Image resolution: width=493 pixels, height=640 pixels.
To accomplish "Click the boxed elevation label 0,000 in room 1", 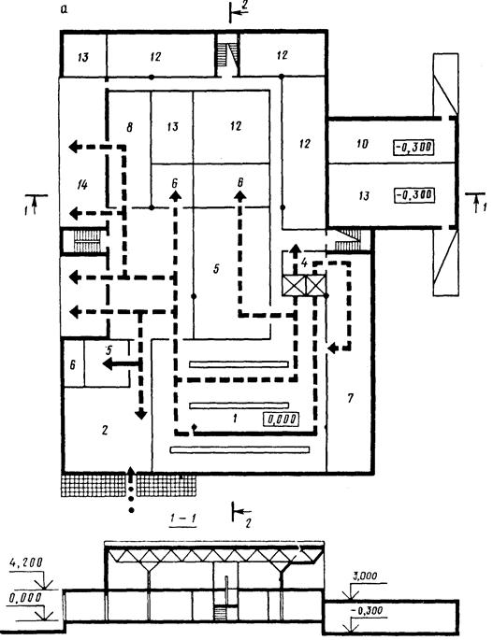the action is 281,420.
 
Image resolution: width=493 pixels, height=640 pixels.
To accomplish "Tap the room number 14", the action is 82,185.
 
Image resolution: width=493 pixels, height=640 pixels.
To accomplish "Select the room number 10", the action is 362,143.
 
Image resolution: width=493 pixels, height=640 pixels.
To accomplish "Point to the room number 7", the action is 350,398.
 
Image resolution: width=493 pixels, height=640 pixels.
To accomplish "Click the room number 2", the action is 105,430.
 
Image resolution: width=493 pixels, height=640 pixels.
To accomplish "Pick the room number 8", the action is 129,127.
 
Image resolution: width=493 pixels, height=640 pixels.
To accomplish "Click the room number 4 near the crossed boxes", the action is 304,263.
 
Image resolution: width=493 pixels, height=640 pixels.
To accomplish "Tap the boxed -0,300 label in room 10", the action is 413,147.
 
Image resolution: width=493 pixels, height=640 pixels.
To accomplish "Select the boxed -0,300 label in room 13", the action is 413,194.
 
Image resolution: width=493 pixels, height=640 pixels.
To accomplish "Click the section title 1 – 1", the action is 182,518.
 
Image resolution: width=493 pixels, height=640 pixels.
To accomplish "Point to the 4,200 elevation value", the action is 25,562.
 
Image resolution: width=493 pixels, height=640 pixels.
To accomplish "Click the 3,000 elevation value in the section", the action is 365,576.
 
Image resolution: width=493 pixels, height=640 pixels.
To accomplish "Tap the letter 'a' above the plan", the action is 64,9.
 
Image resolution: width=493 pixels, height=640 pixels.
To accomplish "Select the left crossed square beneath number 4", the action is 295,285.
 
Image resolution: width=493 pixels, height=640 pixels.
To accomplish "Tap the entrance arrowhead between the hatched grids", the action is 131,473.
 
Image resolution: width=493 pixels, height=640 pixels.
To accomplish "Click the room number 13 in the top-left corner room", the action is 83,57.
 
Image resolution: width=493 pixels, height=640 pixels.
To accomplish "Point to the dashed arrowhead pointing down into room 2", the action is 140,414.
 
